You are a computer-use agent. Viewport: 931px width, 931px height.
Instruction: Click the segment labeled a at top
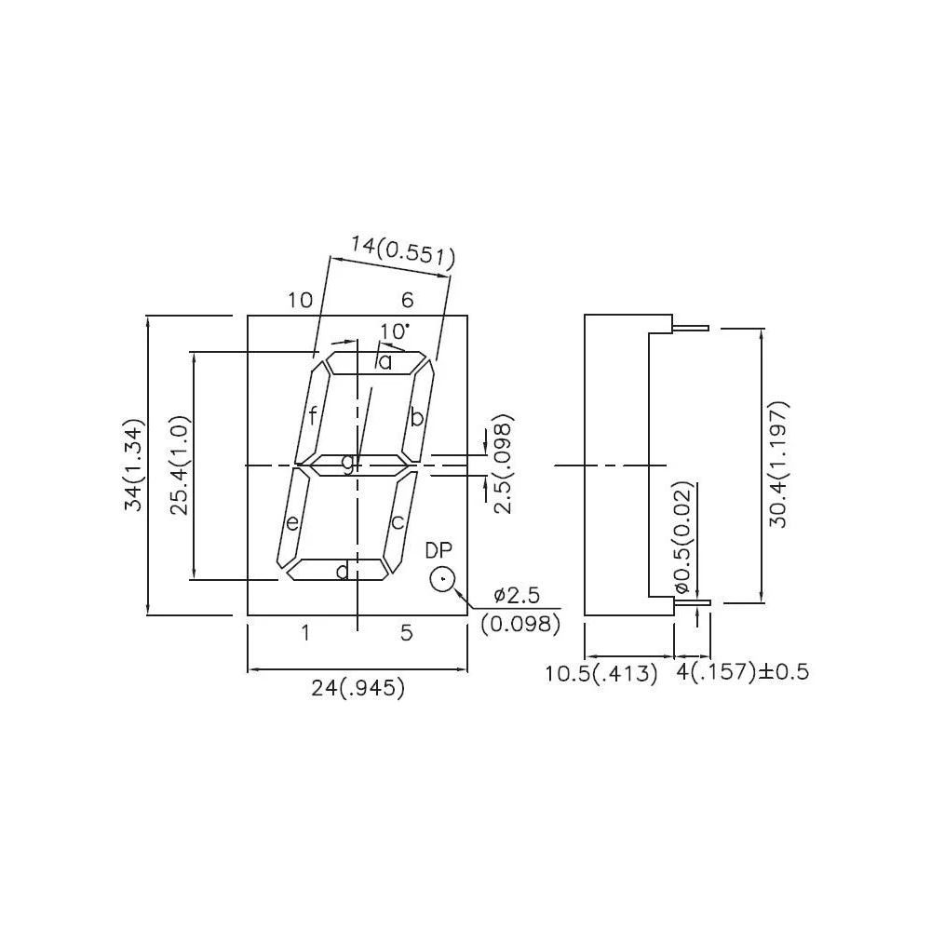click(377, 363)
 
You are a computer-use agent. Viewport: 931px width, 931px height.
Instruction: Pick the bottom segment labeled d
click(336, 570)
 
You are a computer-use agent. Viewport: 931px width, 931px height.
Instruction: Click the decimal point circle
click(441, 580)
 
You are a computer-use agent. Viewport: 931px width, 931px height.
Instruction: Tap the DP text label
click(439, 549)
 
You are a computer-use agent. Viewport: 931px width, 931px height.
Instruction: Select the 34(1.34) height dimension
click(135, 466)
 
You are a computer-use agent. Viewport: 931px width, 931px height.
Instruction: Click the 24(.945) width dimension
click(358, 689)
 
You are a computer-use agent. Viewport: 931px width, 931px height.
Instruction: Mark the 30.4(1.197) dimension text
click(779, 465)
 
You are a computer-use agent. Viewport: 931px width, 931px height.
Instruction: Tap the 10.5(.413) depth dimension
click(601, 673)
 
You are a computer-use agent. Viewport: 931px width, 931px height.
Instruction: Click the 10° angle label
click(395, 331)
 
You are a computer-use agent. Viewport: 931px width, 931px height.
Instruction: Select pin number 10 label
click(300, 300)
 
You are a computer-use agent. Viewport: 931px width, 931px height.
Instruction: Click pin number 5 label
click(406, 634)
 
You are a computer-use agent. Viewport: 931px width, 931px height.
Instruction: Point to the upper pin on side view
click(690, 328)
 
